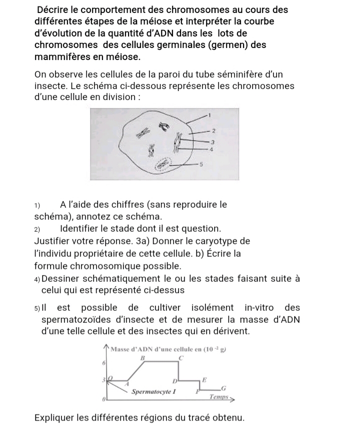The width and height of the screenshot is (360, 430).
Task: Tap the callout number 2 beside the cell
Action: [x=213, y=131]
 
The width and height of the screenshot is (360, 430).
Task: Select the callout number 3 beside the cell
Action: [x=211, y=143]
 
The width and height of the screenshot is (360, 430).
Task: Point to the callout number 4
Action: [x=211, y=149]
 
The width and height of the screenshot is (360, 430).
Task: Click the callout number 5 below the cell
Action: [x=201, y=164]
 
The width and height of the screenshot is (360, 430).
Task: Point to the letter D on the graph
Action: [x=175, y=381]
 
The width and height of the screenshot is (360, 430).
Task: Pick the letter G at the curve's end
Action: [x=223, y=388]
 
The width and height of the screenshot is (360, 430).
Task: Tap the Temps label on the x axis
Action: [x=219, y=396]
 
